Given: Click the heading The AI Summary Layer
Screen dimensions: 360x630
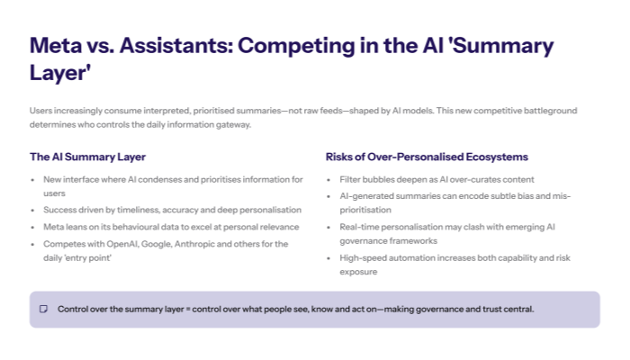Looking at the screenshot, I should (x=87, y=157).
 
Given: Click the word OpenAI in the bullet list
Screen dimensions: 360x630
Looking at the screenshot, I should (x=119, y=243).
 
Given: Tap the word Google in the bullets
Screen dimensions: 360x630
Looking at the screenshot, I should (x=156, y=243).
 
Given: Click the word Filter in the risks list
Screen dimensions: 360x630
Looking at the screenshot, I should (x=350, y=180).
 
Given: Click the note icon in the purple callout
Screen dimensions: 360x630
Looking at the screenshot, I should (x=43, y=310).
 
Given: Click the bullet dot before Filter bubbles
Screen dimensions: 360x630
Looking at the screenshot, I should (x=330, y=180).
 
